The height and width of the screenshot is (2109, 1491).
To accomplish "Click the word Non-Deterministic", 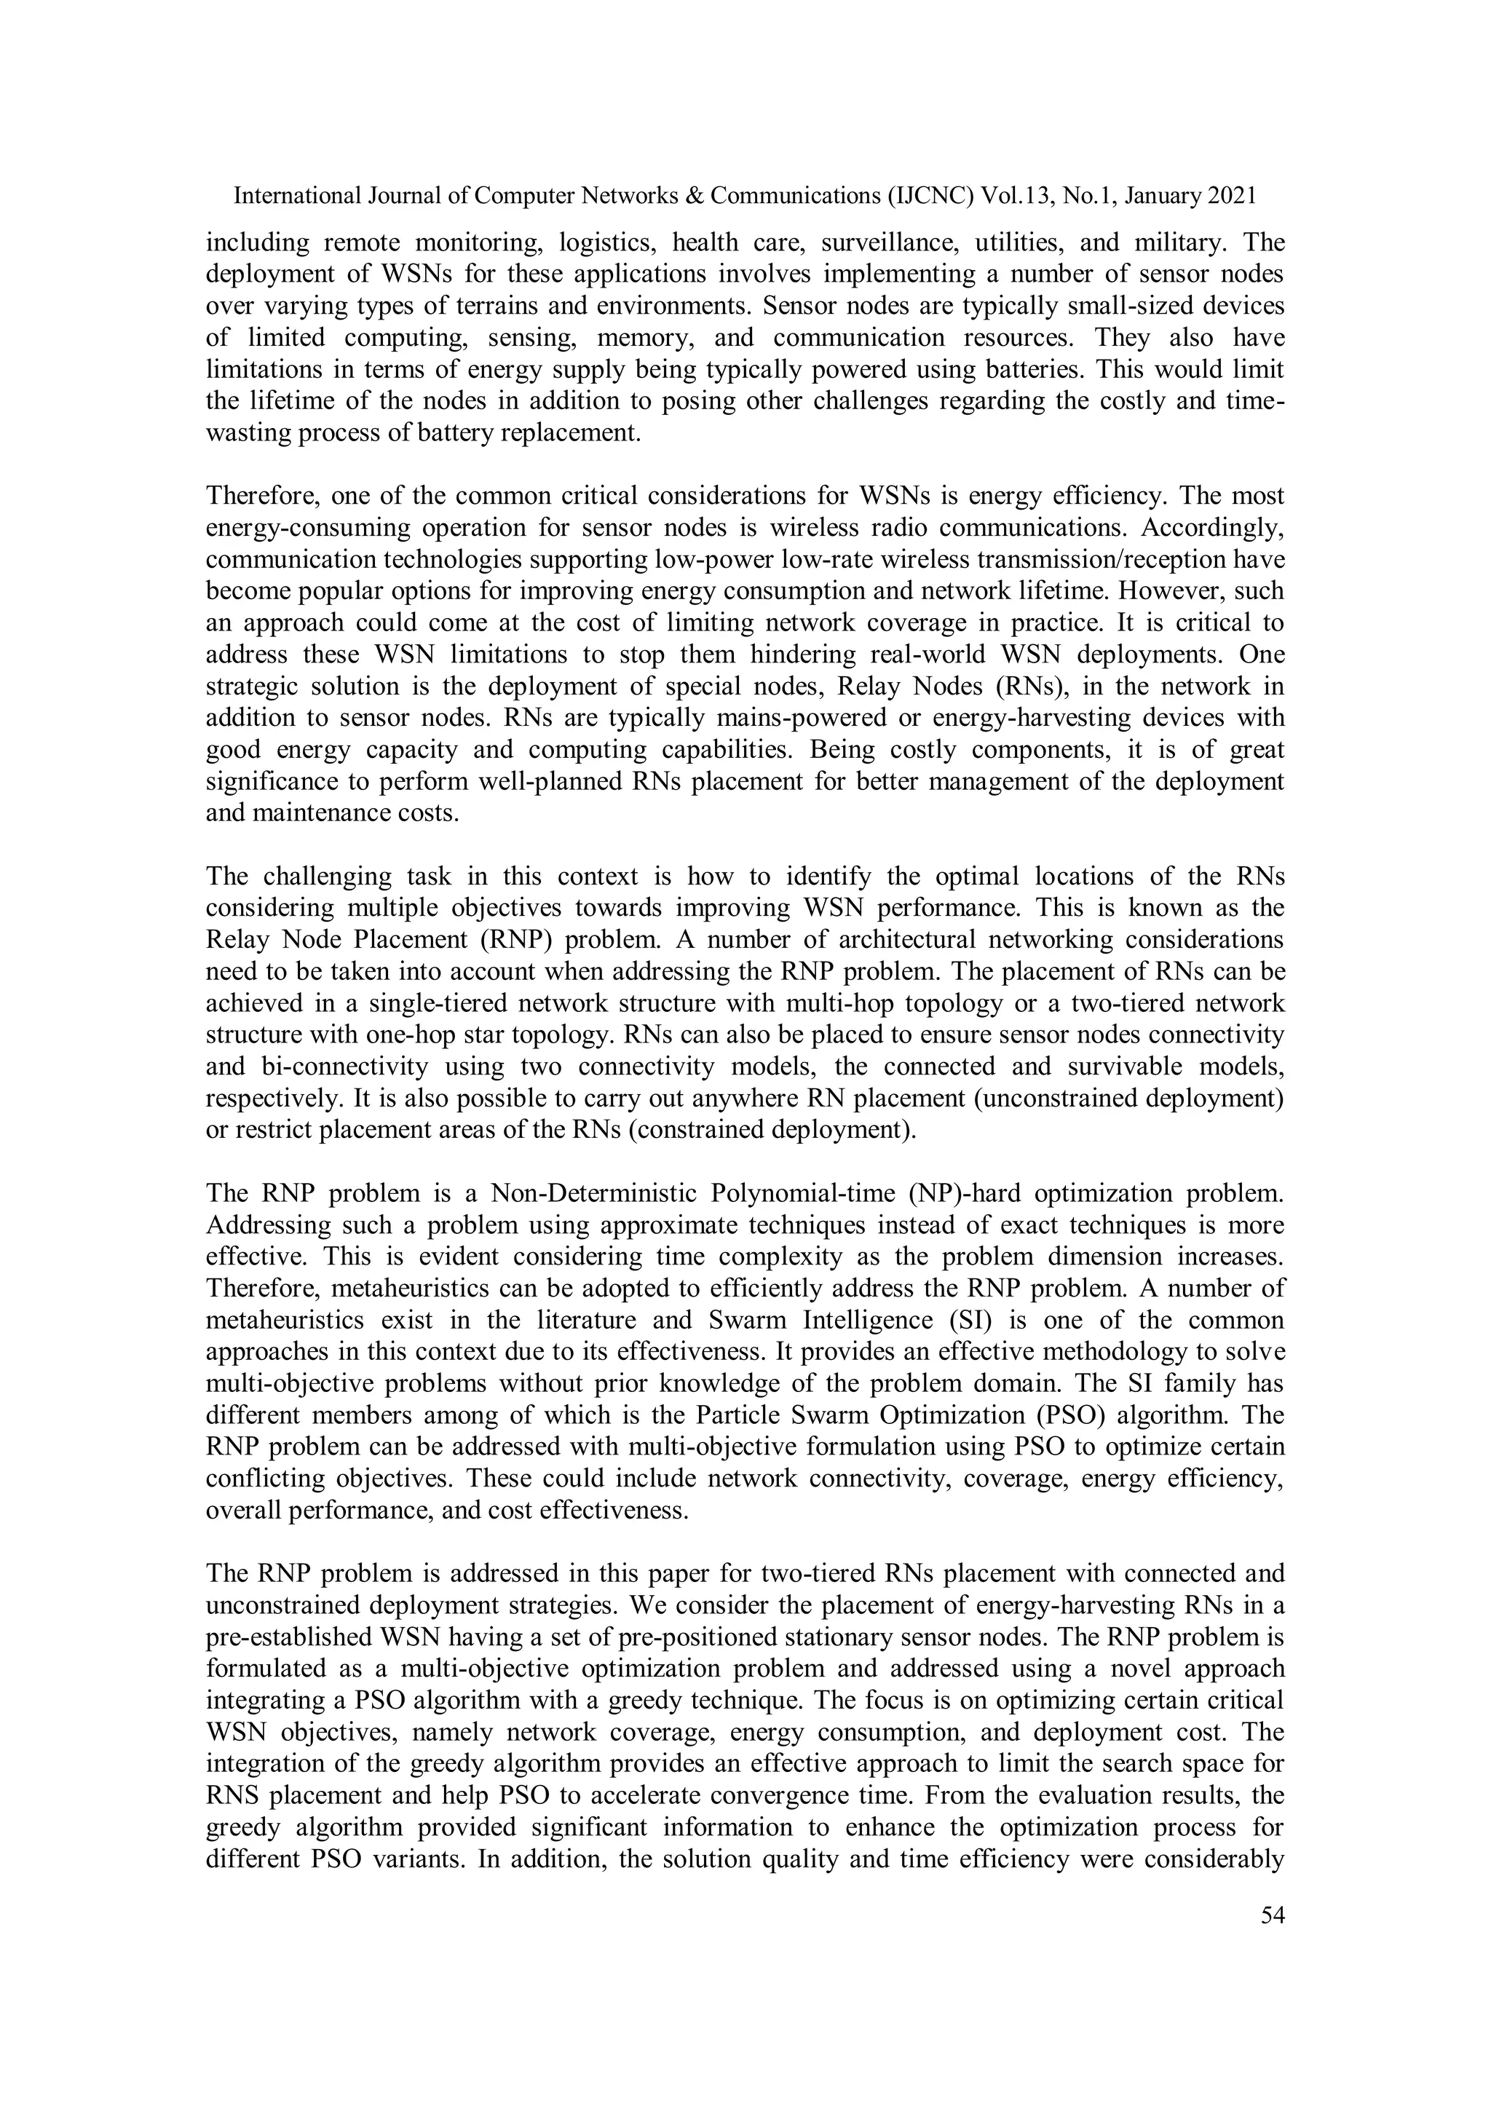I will coord(594,1193).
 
